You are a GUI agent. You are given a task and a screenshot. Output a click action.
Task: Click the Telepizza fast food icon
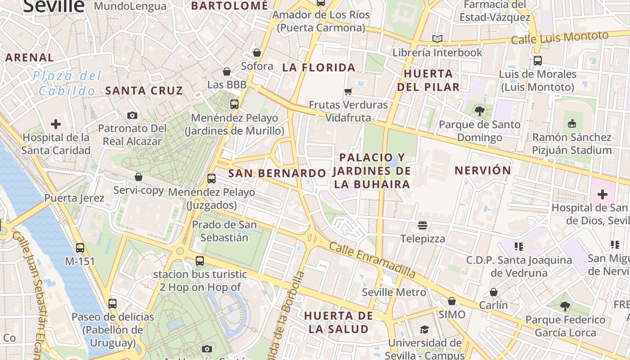(x=422, y=225)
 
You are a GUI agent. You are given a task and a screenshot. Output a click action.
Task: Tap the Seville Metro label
(x=394, y=292)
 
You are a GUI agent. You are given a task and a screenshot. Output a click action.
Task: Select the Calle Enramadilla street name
(x=372, y=260)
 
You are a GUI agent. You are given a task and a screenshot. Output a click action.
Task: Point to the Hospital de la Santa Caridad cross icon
(x=56, y=124)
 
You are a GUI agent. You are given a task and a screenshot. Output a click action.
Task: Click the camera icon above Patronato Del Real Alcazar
(x=132, y=115)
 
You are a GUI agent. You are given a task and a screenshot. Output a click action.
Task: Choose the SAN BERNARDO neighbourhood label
(x=277, y=173)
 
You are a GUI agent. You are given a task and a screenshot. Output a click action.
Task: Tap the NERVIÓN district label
(x=482, y=171)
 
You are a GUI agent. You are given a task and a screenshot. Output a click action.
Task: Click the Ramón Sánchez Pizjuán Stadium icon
(x=572, y=123)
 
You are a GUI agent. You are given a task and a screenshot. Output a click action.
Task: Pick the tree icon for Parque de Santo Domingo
(x=479, y=111)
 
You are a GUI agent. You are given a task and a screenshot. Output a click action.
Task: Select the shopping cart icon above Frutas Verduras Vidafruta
(x=348, y=92)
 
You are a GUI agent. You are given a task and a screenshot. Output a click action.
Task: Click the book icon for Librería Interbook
(x=437, y=39)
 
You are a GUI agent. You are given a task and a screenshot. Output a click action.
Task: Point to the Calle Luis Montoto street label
(x=559, y=38)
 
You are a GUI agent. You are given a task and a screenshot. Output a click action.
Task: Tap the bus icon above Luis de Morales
(x=537, y=61)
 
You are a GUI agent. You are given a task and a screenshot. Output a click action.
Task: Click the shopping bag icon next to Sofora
(x=257, y=53)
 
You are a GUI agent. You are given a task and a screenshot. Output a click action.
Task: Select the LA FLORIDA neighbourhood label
(x=319, y=67)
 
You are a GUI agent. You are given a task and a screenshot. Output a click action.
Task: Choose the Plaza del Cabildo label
(x=67, y=83)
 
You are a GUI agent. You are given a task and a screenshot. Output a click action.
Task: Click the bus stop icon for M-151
(x=80, y=247)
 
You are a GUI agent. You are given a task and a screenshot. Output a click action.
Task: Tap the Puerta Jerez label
(x=74, y=198)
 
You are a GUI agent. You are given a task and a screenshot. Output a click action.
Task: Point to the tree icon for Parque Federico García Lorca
(x=565, y=306)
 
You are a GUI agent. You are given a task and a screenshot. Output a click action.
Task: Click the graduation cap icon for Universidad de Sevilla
(x=424, y=329)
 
